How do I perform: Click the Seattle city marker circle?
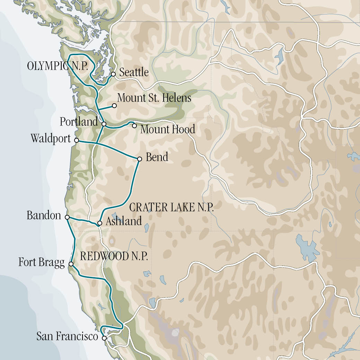click(113, 74)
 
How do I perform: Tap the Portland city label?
click(79, 122)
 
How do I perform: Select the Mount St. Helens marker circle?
click(114, 105)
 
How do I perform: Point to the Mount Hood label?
click(168, 130)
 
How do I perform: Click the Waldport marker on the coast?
click(77, 140)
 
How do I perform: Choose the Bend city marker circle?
click(140, 159)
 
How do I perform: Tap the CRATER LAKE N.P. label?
click(171, 208)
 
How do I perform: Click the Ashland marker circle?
click(99, 223)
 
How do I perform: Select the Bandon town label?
click(44, 216)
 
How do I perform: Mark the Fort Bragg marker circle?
click(71, 264)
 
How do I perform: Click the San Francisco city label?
click(67, 336)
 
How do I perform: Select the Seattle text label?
click(134, 72)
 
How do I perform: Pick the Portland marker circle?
click(104, 124)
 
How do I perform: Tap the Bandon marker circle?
click(67, 217)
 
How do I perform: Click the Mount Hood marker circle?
click(134, 125)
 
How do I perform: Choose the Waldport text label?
click(51, 138)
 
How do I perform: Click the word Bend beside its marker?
click(157, 157)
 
